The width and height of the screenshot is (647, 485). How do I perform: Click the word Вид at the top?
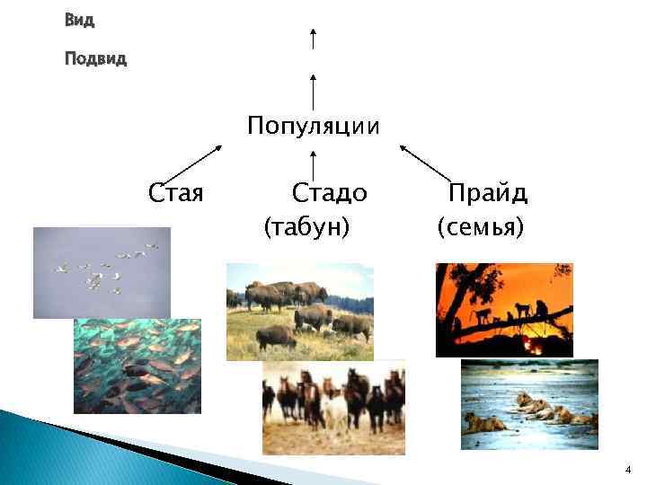click(x=80, y=19)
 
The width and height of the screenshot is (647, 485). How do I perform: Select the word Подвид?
click(x=96, y=59)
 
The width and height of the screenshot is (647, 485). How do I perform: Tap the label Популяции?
click(x=314, y=125)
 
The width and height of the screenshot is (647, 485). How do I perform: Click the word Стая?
click(x=176, y=193)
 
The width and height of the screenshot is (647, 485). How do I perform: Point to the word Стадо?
click(x=330, y=193)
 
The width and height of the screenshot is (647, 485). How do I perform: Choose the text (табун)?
click(x=306, y=227)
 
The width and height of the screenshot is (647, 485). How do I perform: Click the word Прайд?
click(x=488, y=193)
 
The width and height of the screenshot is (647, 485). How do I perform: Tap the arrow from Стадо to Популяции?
click(x=313, y=167)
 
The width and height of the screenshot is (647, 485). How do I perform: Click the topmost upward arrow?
click(x=313, y=40)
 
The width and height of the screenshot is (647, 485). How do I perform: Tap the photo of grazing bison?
click(x=299, y=311)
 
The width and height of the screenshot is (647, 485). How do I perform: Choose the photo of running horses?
click(x=333, y=407)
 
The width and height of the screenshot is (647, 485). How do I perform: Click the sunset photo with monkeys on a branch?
click(x=503, y=310)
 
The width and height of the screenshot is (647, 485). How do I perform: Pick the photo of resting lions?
click(x=528, y=404)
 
